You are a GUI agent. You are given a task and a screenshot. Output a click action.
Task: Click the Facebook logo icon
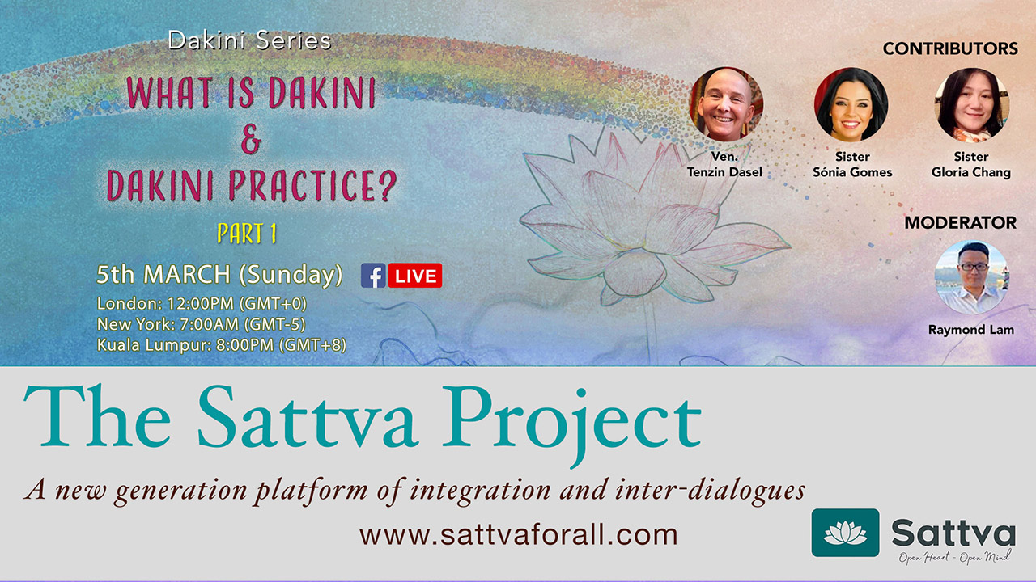(x=373, y=276)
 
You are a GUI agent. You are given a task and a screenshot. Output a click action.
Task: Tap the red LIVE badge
(x=415, y=276)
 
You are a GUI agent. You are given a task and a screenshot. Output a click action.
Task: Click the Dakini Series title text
(x=249, y=40)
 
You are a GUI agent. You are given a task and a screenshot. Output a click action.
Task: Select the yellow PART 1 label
(x=247, y=234)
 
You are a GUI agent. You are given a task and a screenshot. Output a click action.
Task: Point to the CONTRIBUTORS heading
(x=950, y=48)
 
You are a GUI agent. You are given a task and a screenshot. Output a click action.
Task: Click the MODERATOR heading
(x=960, y=222)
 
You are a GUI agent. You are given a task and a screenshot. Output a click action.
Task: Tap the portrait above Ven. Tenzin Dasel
(x=726, y=104)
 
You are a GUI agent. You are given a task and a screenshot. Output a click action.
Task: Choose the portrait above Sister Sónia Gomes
(x=851, y=104)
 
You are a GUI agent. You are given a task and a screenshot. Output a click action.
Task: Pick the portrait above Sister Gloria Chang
(x=972, y=104)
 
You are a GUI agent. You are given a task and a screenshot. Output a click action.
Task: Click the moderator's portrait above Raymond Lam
(x=971, y=277)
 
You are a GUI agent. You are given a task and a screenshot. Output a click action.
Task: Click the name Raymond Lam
(x=970, y=330)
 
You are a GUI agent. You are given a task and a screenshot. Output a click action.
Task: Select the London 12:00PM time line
(x=202, y=303)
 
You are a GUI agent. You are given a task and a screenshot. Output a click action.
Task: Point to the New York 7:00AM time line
(x=202, y=324)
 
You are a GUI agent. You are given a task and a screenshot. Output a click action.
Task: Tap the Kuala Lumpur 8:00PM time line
(x=222, y=345)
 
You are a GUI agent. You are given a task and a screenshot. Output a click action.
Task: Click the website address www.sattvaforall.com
(x=519, y=535)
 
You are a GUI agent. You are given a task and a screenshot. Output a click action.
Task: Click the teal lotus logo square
(x=846, y=533)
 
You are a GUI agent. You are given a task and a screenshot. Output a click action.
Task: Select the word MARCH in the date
(x=187, y=274)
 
